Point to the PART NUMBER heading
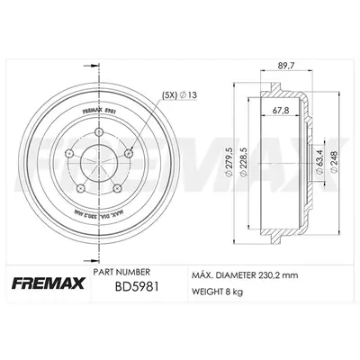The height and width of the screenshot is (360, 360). [121, 271]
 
